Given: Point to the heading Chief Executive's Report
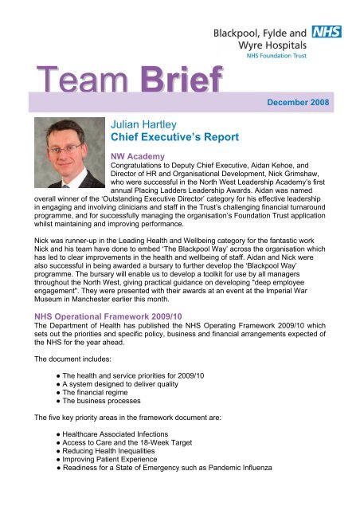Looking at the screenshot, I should click(x=174, y=137).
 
